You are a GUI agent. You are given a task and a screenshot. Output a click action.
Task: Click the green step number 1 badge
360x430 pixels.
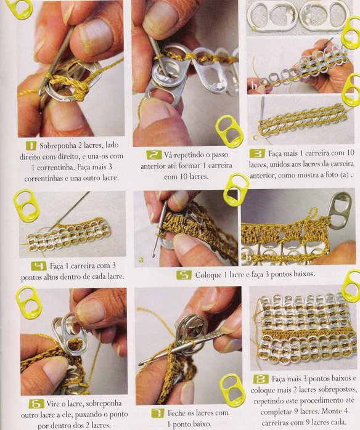[31, 145]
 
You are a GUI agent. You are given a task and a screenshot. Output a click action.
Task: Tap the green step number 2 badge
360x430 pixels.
[153, 155]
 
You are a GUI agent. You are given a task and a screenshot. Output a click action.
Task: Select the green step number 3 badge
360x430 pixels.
[258, 153]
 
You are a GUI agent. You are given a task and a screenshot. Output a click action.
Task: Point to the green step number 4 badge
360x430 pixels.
[39, 266]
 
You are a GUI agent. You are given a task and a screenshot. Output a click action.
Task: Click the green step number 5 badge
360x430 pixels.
[184, 275]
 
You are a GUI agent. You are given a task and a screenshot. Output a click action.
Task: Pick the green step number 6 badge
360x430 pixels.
[36, 404]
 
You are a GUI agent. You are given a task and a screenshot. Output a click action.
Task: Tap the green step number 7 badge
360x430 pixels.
[158, 413]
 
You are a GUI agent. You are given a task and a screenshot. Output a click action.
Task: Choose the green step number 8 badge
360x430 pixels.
[260, 379]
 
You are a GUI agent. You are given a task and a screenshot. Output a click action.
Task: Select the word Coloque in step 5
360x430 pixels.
[207, 275]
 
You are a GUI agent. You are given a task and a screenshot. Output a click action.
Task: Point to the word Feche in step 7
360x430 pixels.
[176, 413]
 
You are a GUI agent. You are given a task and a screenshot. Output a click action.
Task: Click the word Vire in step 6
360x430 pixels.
[52, 404]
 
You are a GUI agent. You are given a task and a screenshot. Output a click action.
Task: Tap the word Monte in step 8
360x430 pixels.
[332, 412]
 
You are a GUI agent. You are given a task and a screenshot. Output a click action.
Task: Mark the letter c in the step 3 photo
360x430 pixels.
[255, 137]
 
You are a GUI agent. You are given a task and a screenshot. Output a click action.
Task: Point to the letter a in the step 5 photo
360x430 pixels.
[141, 259]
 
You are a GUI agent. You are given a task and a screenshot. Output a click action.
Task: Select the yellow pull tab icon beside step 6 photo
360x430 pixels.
[28, 302]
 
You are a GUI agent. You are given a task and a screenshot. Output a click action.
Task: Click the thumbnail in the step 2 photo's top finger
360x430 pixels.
[162, 17]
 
